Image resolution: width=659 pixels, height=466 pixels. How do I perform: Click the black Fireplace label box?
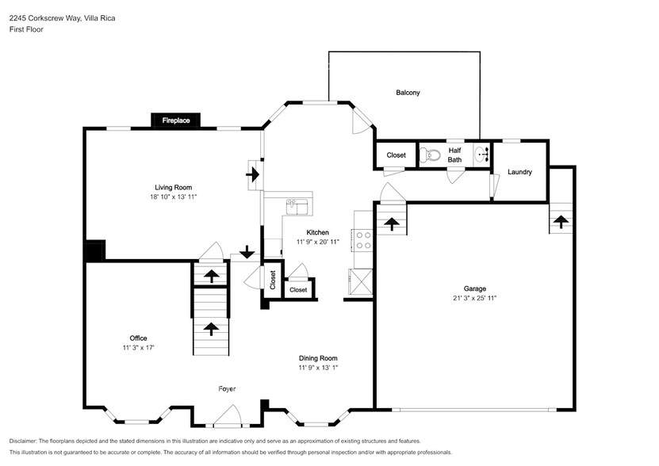175,120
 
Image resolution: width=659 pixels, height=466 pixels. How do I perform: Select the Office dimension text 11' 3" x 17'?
138,348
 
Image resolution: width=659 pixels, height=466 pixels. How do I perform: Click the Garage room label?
475,288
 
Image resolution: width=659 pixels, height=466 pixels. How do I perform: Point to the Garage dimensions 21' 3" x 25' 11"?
475,299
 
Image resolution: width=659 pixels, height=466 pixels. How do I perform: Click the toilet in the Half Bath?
429,155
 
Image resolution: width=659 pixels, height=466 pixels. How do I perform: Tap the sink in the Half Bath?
482,155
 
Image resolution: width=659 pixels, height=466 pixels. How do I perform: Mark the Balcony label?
408,93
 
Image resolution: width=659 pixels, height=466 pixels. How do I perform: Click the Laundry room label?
519,172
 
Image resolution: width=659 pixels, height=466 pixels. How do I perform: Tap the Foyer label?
228,388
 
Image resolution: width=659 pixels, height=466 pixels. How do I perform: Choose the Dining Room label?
318,357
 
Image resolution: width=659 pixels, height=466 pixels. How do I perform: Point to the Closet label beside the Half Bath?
396,155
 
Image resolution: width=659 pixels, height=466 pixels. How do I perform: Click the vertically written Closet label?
272,281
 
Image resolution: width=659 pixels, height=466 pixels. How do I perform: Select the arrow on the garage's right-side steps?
561,221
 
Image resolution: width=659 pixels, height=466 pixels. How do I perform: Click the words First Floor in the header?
27,29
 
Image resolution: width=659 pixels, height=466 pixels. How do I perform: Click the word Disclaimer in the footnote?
23,441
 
